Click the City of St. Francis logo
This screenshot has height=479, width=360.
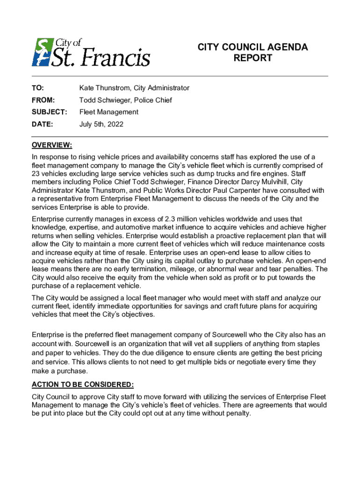[91, 52]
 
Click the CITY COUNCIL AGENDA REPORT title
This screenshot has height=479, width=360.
[252, 52]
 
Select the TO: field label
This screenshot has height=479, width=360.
[38, 88]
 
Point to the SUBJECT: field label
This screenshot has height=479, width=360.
[50, 112]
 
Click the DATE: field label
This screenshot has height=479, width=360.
[43, 124]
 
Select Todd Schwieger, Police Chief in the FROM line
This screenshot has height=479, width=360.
[125, 100]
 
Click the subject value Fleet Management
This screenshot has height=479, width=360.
[108, 112]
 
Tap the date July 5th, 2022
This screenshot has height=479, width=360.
[101, 124]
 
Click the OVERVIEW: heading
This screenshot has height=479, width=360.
[51, 145]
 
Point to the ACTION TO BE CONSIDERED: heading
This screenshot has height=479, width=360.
[83, 385]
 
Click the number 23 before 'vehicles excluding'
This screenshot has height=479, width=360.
[36, 174]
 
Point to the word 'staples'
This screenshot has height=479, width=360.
[310, 343]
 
